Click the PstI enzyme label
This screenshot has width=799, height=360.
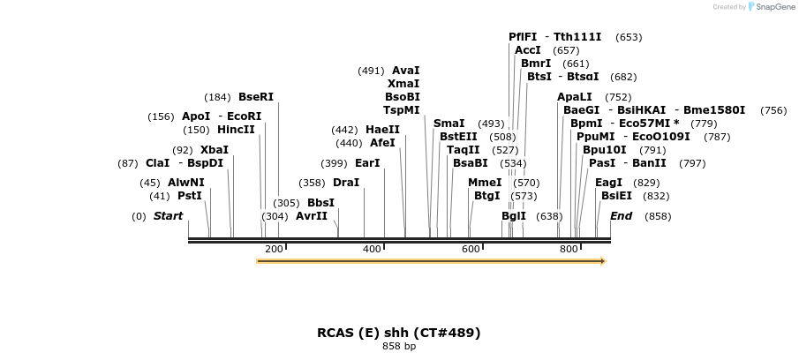[190, 196]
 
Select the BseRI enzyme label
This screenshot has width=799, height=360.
[256, 97]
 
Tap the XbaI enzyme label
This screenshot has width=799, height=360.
[215, 150]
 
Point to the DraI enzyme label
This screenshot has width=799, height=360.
[346, 183]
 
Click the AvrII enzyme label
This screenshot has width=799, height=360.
[312, 216]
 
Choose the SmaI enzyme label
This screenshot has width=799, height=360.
[449, 124]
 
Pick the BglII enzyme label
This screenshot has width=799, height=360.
[514, 216]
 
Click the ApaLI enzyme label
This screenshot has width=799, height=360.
[575, 97]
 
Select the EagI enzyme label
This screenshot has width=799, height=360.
[609, 183]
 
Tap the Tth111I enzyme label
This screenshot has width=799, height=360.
[577, 37]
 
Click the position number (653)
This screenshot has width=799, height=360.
[629, 37]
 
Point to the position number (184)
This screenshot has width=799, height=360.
[217, 97]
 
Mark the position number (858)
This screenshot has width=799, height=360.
[658, 216]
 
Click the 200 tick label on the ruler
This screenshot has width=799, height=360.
[274, 250]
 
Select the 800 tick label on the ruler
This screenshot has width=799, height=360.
[569, 250]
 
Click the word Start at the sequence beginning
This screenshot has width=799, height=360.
[168, 216]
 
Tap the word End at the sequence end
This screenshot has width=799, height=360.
[621, 216]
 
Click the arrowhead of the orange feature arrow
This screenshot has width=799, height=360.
[603, 261]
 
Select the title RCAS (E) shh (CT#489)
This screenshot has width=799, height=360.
[399, 333]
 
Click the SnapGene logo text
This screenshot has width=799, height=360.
[772, 7]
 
